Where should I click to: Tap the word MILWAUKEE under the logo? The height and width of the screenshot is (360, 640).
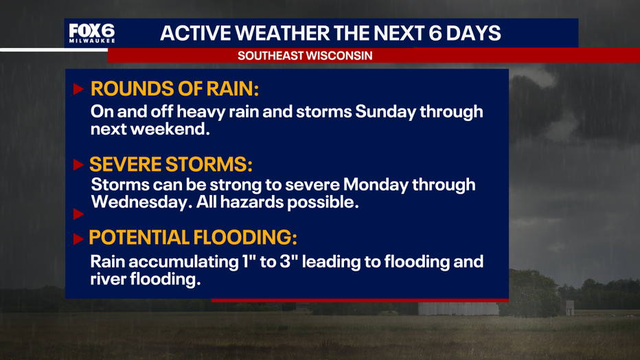(92, 41)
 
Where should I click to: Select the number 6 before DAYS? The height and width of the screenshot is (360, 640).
(435, 33)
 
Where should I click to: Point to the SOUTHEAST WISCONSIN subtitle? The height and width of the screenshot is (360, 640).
(305, 56)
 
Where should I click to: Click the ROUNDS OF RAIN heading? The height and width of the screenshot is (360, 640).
(174, 89)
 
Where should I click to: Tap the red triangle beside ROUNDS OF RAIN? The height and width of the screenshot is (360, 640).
(78, 89)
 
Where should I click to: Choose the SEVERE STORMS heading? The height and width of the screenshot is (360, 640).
(170, 164)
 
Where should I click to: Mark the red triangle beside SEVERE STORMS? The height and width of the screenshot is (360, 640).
(78, 165)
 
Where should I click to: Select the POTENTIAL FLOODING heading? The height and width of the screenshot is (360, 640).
(193, 237)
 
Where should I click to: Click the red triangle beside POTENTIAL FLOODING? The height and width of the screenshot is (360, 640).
(78, 239)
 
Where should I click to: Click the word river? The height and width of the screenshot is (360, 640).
(108, 280)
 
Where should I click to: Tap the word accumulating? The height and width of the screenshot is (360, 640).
(183, 262)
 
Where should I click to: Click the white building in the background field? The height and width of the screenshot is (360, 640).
(458, 308)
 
